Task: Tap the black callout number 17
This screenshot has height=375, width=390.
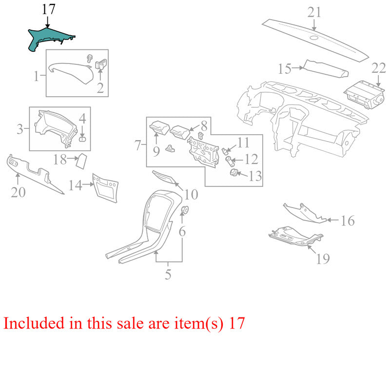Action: tap(48, 9)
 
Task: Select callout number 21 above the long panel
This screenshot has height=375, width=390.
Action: tap(314, 12)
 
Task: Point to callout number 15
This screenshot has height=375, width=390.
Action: tap(285, 69)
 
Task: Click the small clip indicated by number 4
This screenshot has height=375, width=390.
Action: tap(82, 139)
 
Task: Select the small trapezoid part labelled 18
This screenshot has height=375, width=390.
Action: tap(81, 161)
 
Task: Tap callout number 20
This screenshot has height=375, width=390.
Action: tap(18, 192)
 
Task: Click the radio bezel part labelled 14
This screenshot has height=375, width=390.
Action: tap(105, 188)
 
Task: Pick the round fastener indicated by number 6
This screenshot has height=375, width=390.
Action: tap(185, 210)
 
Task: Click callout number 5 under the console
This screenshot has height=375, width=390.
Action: tap(168, 274)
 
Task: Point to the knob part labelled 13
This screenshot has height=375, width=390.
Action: tap(234, 172)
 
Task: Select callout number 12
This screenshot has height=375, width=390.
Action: tap(251, 159)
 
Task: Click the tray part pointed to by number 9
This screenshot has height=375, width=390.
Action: tap(160, 127)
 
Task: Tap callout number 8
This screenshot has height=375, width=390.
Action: tap(204, 126)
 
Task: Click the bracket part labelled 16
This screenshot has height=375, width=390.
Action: tap(305, 213)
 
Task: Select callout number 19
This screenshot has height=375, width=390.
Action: tap(323, 258)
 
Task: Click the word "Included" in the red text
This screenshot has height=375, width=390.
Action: tap(34, 323)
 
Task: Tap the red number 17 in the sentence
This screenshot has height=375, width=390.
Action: tap(237, 323)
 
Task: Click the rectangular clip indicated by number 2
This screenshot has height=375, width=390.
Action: tap(101, 64)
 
